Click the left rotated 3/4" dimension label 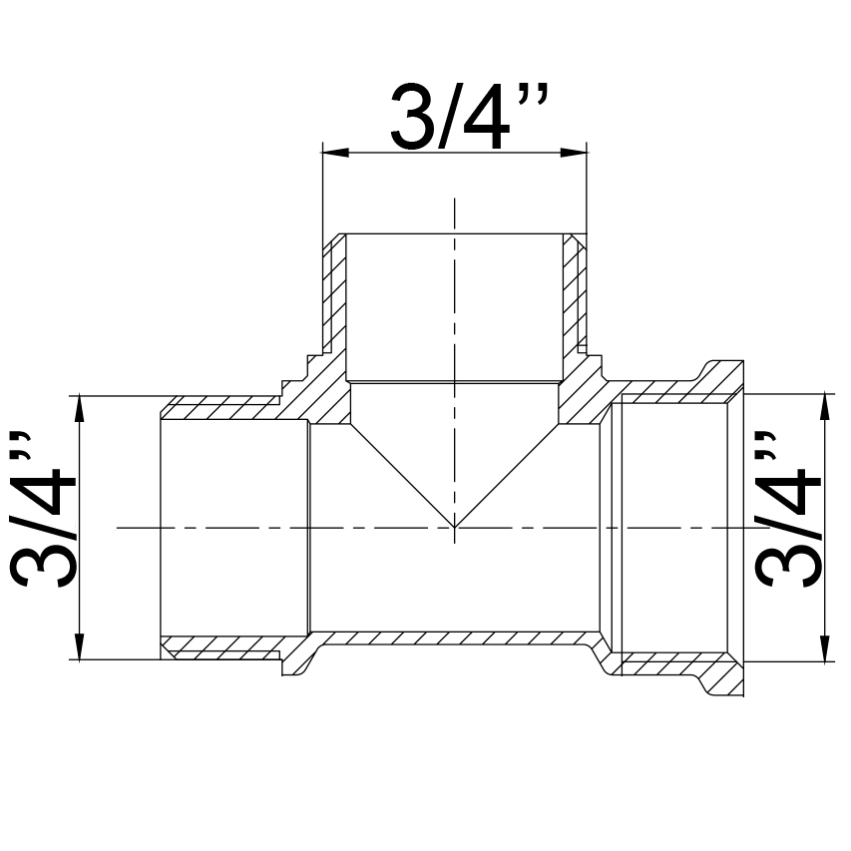point(42,510)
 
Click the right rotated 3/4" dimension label point(787,510)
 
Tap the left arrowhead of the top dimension point(335,153)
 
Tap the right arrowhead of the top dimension point(574,153)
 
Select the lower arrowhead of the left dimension point(80,646)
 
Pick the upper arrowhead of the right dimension point(825,406)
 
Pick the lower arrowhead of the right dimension point(825,649)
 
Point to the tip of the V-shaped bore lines point(454,527)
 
